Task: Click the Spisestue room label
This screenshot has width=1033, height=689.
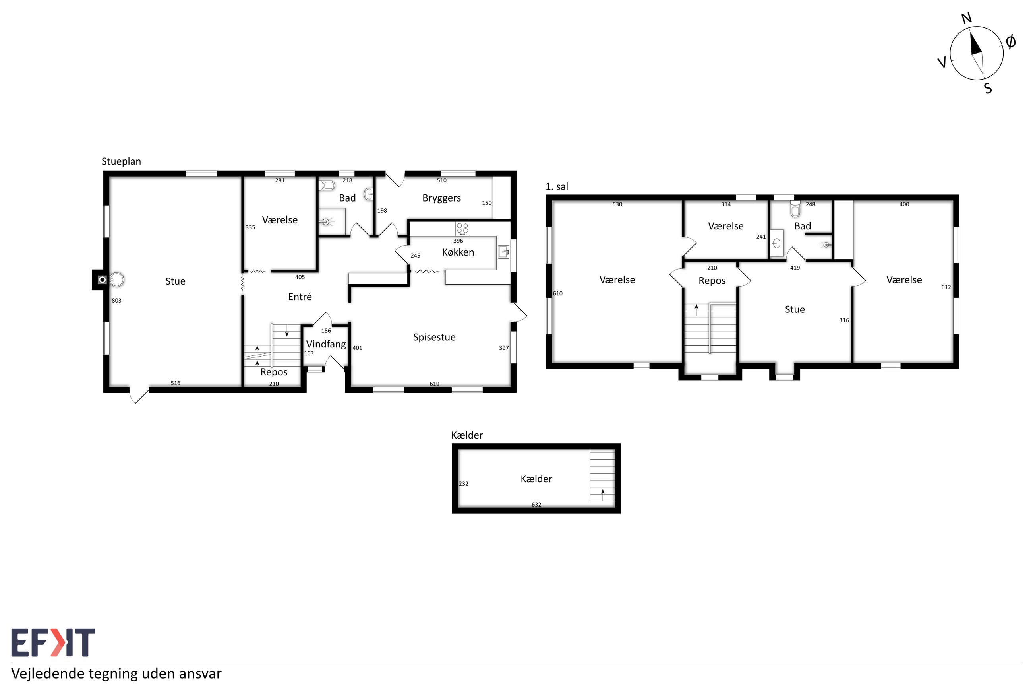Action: (434, 337)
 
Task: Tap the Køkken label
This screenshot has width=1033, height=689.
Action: (458, 252)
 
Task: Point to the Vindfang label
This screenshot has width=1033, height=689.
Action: (326, 344)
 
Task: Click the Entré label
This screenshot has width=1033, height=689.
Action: (300, 297)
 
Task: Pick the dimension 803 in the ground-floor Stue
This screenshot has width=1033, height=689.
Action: (116, 301)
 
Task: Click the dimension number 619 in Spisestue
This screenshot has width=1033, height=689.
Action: (434, 384)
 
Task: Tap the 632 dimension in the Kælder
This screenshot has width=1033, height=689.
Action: (536, 505)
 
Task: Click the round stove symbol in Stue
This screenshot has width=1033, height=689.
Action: (117, 280)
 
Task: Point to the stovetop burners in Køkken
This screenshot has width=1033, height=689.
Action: (462, 229)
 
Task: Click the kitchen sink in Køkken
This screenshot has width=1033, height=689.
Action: (503, 252)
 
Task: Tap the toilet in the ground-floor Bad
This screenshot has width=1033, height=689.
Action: (327, 185)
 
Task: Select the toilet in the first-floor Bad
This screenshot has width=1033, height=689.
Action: (795, 210)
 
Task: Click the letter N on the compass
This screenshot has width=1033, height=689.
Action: (967, 18)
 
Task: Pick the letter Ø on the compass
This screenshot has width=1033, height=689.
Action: (1010, 42)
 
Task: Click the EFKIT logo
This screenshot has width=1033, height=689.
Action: (53, 643)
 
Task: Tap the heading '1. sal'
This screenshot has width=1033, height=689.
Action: (557, 187)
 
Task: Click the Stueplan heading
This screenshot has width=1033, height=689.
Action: (121, 162)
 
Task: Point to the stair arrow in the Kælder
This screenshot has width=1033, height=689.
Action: (602, 495)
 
